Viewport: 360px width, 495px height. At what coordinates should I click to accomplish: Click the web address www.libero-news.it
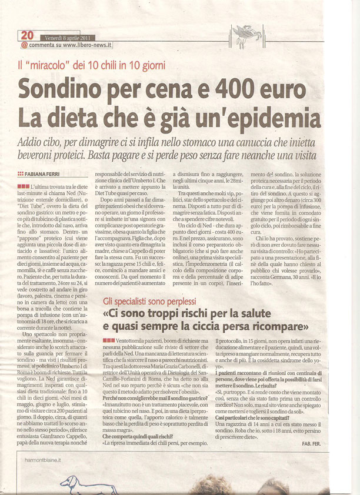(x=88, y=44)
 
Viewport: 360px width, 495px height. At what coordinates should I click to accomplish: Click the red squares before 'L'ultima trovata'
(x=24, y=186)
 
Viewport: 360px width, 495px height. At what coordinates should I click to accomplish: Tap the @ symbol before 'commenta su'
(x=24, y=44)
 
